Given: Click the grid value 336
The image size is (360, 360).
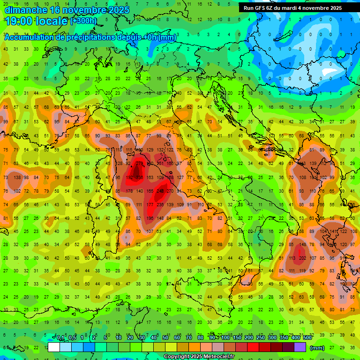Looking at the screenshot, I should [139, 178].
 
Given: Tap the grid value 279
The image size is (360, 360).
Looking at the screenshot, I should [139, 164].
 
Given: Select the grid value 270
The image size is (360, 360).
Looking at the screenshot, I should [170, 191].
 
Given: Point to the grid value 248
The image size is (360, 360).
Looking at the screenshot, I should [160, 191].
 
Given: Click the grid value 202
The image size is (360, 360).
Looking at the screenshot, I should [302, 258].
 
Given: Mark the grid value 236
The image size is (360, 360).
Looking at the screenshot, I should [160, 205].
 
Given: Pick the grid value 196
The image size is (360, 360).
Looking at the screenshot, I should [150, 218].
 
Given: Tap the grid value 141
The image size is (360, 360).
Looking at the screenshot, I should [333, 232].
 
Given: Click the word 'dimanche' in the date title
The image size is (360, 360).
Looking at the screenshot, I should [25, 9].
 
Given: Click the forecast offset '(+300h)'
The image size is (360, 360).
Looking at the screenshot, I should [83, 21].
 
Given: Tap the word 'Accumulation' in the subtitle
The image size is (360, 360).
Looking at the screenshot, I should [32, 37].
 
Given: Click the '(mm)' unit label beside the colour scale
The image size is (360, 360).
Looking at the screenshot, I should [317, 348].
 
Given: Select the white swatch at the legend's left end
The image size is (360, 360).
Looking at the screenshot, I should [54, 347].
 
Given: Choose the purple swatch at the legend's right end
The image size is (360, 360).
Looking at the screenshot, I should [300, 347].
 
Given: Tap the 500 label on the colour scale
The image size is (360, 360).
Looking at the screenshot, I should [307, 338].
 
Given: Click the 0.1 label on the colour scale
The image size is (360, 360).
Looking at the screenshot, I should [60, 338].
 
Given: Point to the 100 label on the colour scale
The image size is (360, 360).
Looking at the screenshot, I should [225, 338].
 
